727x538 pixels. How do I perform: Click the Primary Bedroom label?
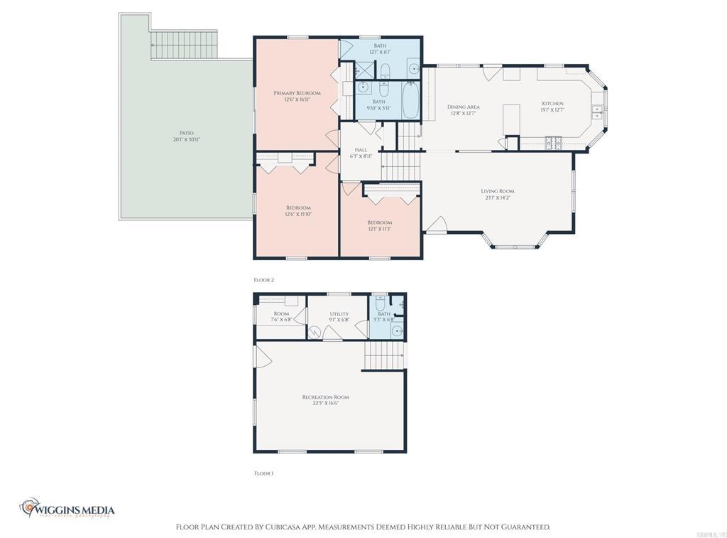coord(297,93)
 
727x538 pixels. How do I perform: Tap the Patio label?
coord(186,133)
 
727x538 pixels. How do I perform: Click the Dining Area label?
coord(463,107)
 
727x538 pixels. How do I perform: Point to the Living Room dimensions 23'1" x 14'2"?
coord(497,198)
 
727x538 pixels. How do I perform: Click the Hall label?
coord(361,150)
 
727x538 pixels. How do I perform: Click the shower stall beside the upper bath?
coord(363,70)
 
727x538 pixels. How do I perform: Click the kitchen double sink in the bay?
coord(597,112)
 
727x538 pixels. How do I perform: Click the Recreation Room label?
coord(325,397)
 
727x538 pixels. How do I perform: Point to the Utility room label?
coord(339,314)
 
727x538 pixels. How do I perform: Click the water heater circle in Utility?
coord(315,331)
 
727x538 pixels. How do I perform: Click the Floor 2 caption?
coord(263,280)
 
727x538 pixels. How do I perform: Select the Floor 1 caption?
coord(263,473)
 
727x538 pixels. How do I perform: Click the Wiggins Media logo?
coord(67,509)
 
